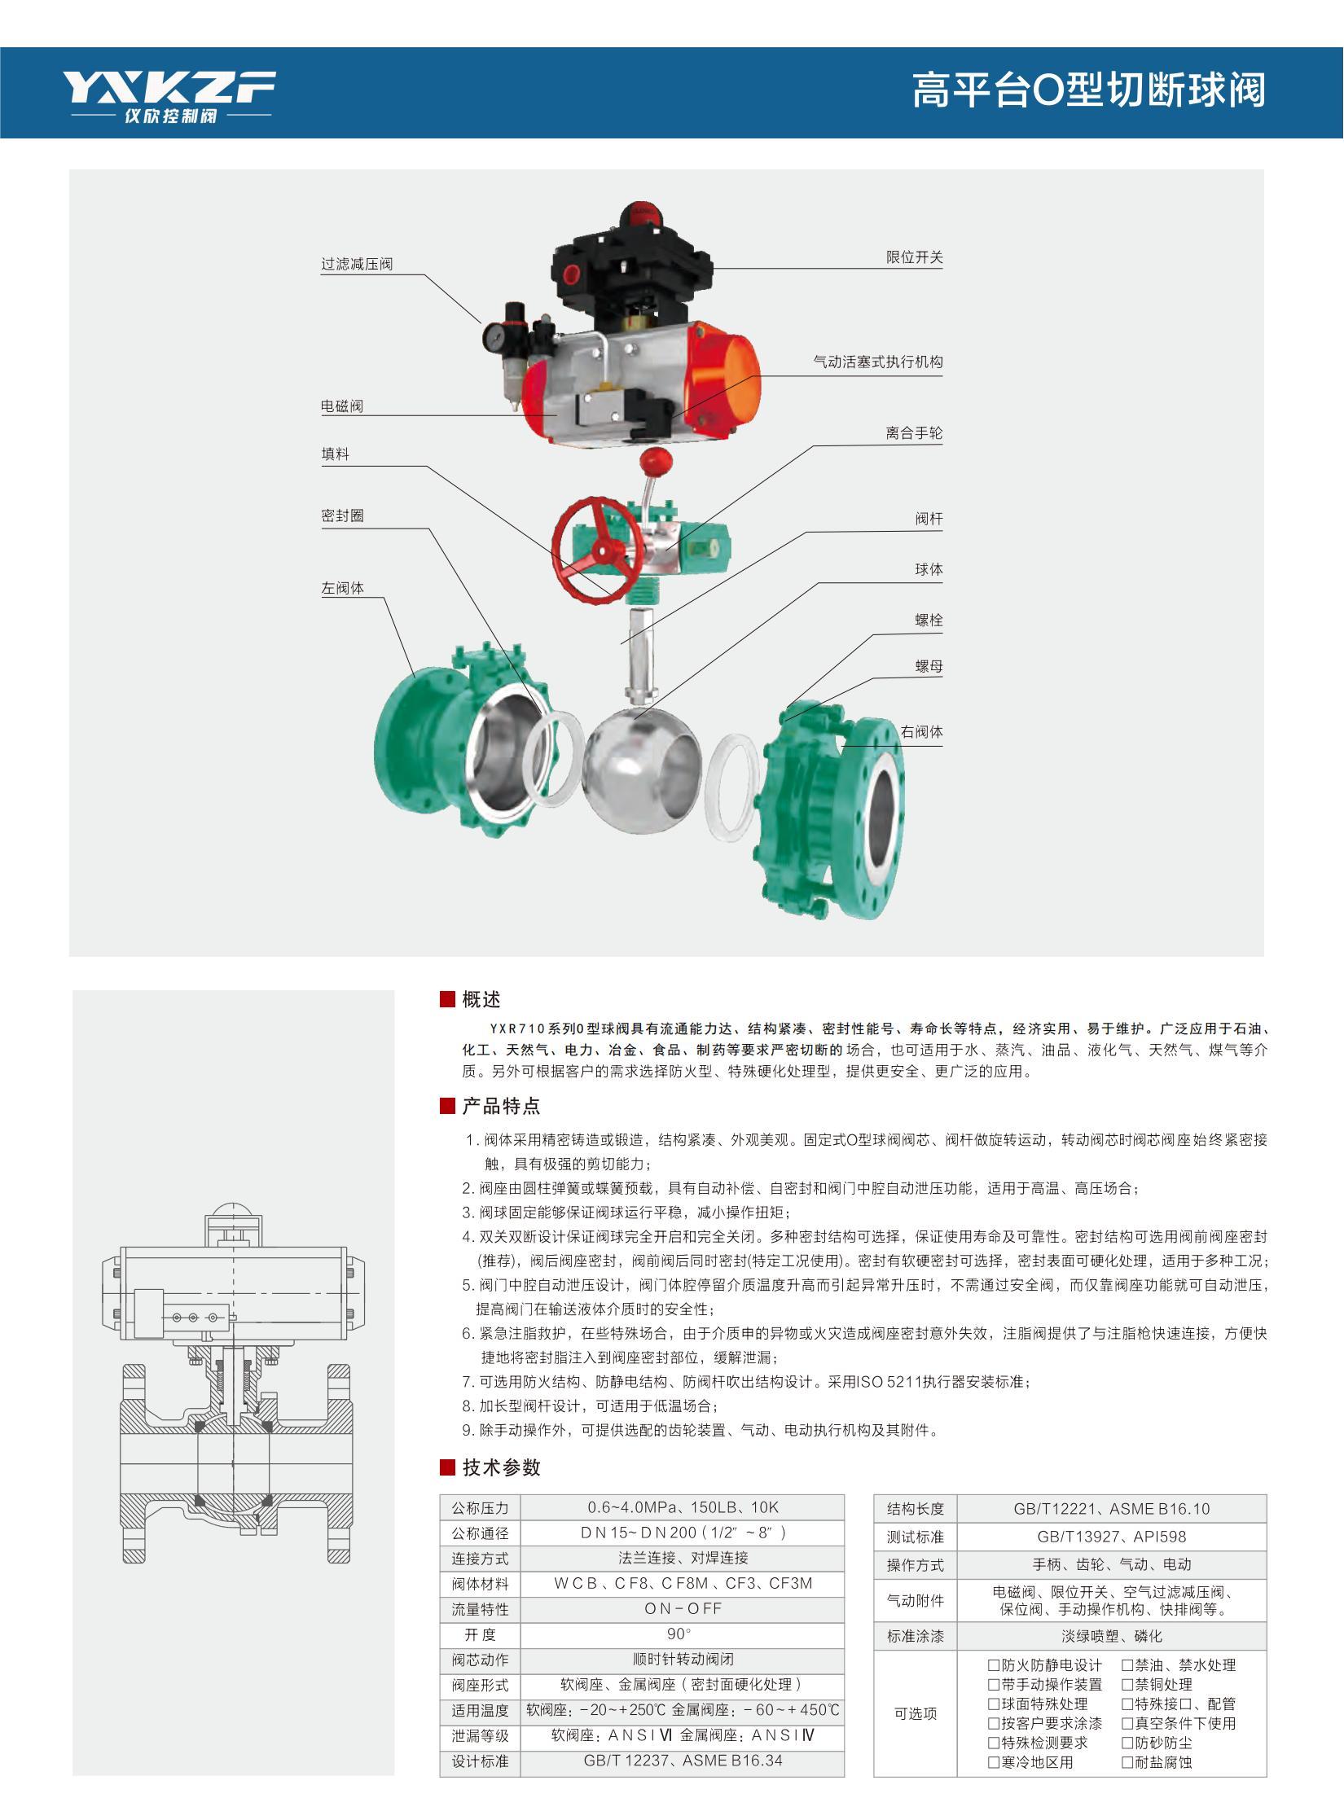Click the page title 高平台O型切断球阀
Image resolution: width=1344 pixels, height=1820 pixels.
(x=1089, y=90)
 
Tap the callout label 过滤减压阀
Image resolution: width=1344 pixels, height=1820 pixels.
(x=357, y=264)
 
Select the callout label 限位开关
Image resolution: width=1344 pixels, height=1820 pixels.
(x=915, y=257)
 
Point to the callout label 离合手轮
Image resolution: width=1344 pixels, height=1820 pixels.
(x=915, y=433)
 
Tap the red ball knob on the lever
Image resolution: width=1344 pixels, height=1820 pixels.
(x=653, y=461)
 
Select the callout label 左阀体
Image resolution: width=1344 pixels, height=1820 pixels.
(x=343, y=588)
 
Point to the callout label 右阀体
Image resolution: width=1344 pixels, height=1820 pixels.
(x=921, y=732)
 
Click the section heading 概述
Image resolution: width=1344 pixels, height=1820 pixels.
(x=481, y=999)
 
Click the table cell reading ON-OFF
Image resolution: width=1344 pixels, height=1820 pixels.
(x=683, y=1608)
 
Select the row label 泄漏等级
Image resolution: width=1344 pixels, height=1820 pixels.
(x=480, y=1735)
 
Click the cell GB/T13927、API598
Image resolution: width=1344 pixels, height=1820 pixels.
(x=1111, y=1537)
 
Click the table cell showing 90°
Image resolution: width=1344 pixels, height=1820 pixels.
(x=683, y=1634)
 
